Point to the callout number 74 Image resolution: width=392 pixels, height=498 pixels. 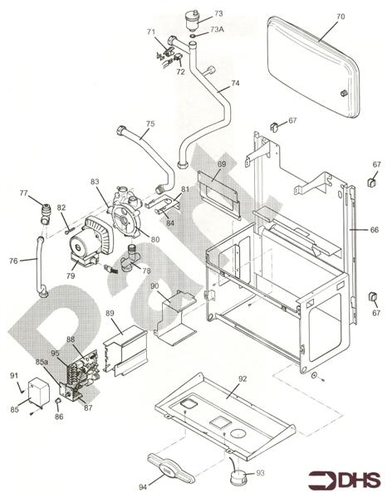pyautogui.click(x=235, y=83)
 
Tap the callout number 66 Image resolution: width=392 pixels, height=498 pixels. pyautogui.click(x=375, y=229)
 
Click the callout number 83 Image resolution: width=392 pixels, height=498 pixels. pyautogui.click(x=95, y=181)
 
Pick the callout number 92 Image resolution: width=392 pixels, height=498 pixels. pyautogui.click(x=243, y=382)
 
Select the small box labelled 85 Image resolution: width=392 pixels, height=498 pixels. pyautogui.click(x=38, y=389)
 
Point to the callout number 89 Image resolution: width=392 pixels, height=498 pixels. pyautogui.click(x=110, y=315)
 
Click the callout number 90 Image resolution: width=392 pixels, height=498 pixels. pyautogui.click(x=154, y=286)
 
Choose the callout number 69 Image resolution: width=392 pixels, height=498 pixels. pyautogui.click(x=221, y=165)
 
